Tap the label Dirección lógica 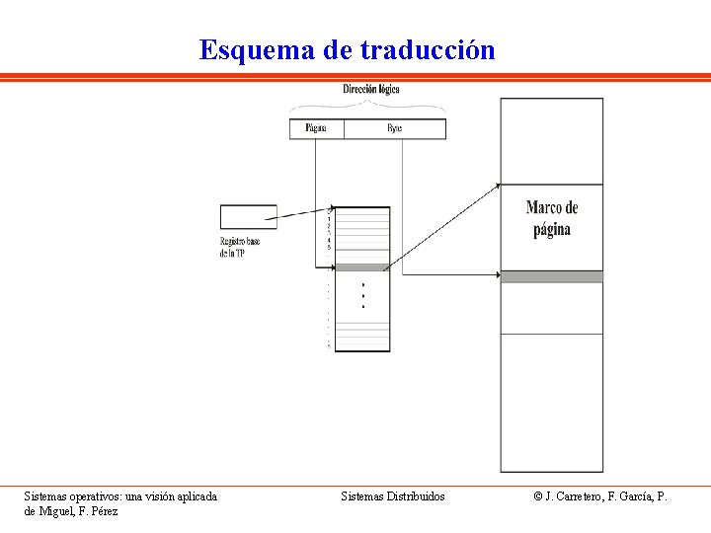pyautogui.click(x=371, y=89)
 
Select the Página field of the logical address pyautogui.click(x=316, y=128)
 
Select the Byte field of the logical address pyautogui.click(x=394, y=128)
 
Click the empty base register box pyautogui.click(x=248, y=216)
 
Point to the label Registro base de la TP pyautogui.click(x=241, y=248)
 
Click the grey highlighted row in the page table pyautogui.click(x=362, y=266)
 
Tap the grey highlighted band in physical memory pyautogui.click(x=551, y=276)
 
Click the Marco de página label pyautogui.click(x=551, y=218)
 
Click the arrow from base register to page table pyautogui.click(x=302, y=214)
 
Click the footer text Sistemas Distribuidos pyautogui.click(x=392, y=496)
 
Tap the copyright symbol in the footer pyautogui.click(x=538, y=496)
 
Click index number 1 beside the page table pyautogui.click(x=329, y=219)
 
